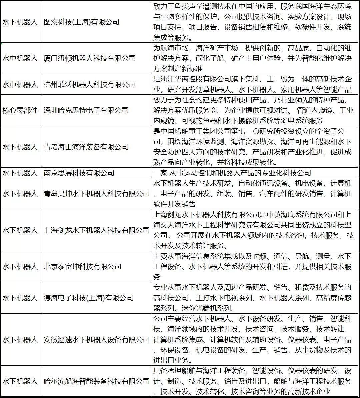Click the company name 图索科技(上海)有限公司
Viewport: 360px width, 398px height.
[x=82, y=22]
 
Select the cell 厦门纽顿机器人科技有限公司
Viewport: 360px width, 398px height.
[x=90, y=58]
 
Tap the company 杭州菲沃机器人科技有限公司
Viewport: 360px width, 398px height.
[x=90, y=85]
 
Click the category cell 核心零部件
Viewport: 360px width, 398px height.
[x=20, y=110]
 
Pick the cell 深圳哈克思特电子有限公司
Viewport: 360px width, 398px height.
[x=86, y=110]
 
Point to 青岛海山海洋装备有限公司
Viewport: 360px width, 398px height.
[x=86, y=147]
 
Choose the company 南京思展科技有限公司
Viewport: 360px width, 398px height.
[x=79, y=173]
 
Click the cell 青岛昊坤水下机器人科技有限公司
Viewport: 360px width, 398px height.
[x=97, y=194]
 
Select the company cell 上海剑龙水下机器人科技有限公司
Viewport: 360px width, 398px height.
[x=97, y=230]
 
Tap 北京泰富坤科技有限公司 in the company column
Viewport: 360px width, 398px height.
[x=83, y=267]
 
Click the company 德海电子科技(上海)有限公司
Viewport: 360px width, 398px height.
[x=89, y=298]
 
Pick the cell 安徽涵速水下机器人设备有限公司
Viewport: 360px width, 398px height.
[x=97, y=340]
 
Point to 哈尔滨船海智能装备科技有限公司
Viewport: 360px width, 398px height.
[x=97, y=381]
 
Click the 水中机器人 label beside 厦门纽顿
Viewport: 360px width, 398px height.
[x=20, y=58]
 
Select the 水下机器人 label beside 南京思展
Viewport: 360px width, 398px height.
[x=20, y=173]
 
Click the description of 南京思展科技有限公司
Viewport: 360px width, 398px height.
[x=232, y=173]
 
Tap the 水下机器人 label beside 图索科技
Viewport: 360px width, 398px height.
[x=20, y=22]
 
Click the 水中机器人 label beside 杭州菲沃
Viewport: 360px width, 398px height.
[x=20, y=85]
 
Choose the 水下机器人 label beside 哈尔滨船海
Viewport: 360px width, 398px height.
[x=20, y=381]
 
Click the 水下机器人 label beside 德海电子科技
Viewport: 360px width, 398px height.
[x=20, y=298]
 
